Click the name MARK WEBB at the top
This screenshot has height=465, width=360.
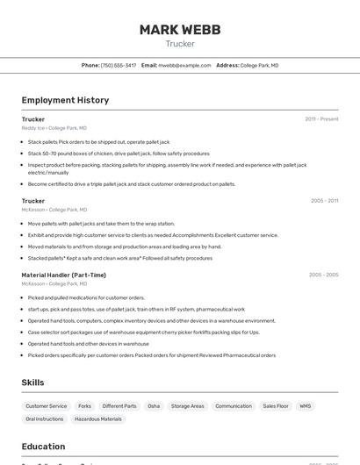(x=180, y=30)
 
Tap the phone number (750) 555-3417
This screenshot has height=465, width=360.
(x=119, y=65)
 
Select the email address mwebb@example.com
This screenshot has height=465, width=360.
(x=184, y=65)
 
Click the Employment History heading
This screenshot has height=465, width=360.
(x=65, y=100)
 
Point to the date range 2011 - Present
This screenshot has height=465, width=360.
(x=321, y=118)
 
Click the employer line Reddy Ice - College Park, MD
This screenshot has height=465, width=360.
(x=54, y=128)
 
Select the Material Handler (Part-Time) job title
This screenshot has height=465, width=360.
(x=63, y=275)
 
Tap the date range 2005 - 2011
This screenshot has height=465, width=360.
(x=324, y=201)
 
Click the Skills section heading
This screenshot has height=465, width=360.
(x=33, y=383)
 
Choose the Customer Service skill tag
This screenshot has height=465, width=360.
(x=47, y=406)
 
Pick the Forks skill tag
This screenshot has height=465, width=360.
(x=84, y=406)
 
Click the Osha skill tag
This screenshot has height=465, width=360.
(x=154, y=406)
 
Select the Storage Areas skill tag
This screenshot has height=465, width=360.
(x=187, y=406)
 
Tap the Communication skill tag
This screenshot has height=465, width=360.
(x=234, y=406)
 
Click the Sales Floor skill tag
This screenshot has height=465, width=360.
(x=276, y=406)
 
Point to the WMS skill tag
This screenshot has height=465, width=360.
(x=306, y=406)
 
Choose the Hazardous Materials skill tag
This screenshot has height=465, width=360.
(x=98, y=419)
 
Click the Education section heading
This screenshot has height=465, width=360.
(x=43, y=447)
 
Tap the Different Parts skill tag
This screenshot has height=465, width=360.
(x=119, y=406)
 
